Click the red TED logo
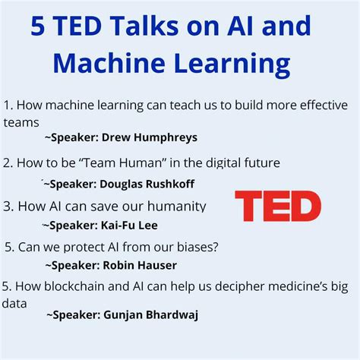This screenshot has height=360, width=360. click(277, 207)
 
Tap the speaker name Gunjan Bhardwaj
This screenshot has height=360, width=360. click(155, 315)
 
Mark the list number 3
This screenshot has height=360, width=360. click(7, 205)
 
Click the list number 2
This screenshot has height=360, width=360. click(7, 162)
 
